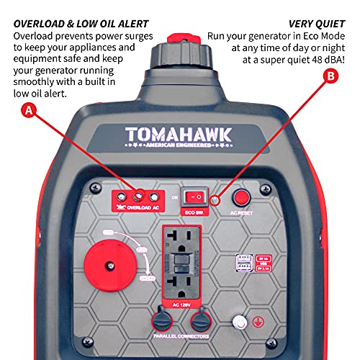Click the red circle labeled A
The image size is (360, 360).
tap(28, 110)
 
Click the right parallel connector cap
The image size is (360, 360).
tap(201, 320)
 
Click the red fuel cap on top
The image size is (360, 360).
tap(180, 38)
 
